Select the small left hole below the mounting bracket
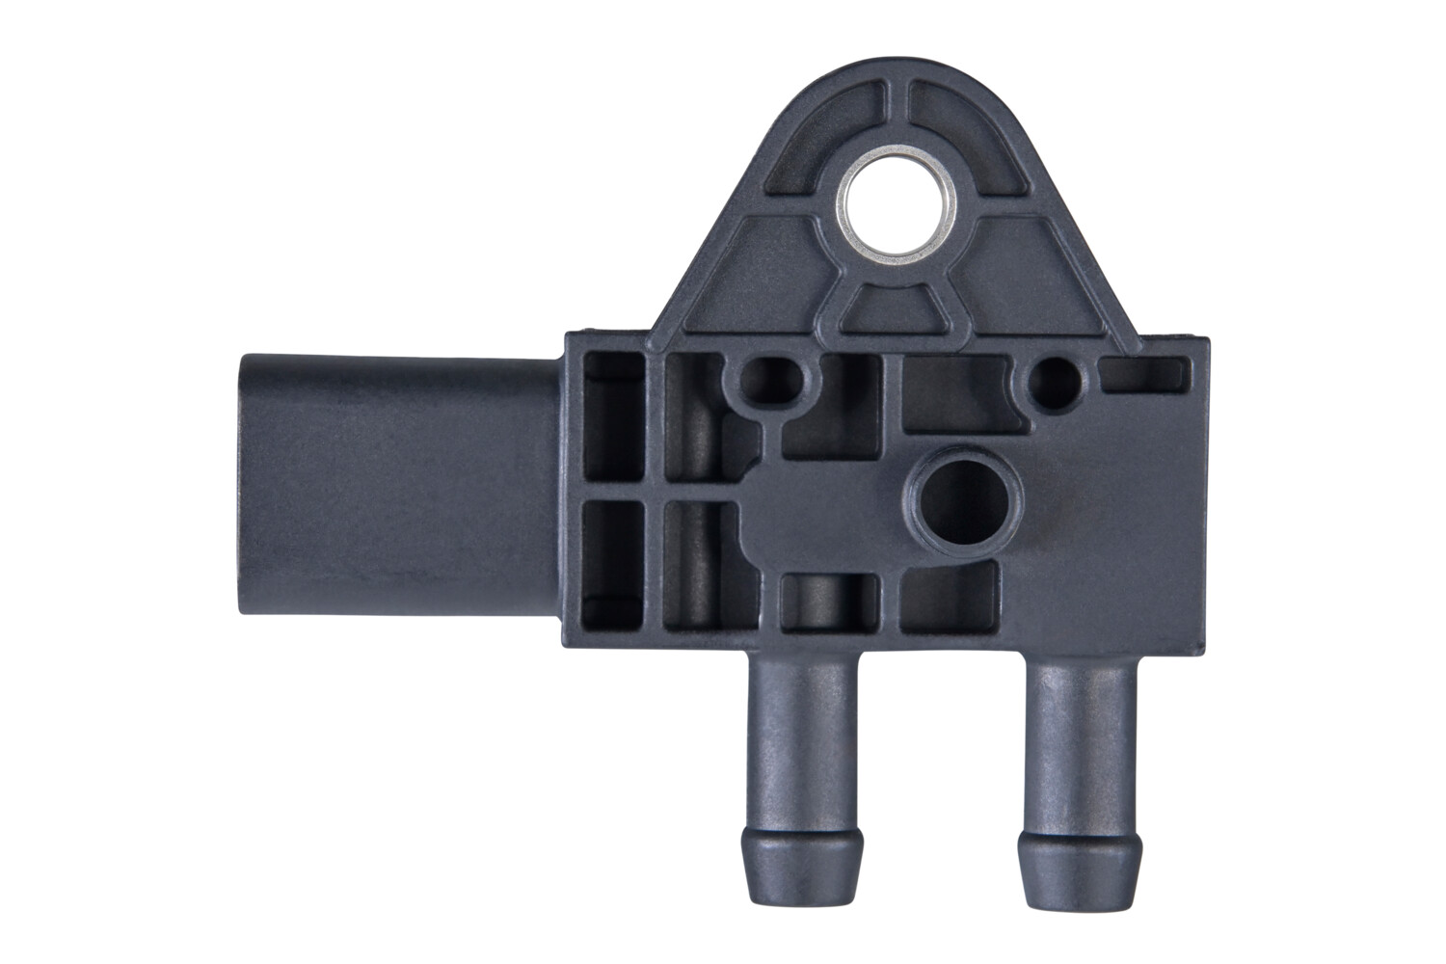(769, 382)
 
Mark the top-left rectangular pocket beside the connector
(613, 419)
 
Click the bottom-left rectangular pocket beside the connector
(613, 564)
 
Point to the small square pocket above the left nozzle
(829, 602)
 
